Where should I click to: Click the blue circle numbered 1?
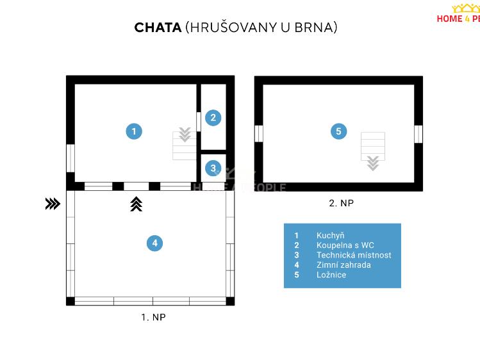(133, 131)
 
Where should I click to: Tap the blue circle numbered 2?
(213, 117)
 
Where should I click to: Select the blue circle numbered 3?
(213, 168)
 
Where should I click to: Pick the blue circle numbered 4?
(154, 243)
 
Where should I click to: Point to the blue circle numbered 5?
(338, 131)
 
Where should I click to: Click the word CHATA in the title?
(158, 28)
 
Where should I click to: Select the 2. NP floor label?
(341, 203)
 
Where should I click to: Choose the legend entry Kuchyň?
(330, 236)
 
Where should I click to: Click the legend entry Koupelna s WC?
(345, 245)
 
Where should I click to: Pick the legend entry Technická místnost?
(353, 255)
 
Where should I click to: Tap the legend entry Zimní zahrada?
(343, 265)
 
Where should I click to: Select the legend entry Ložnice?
(331, 275)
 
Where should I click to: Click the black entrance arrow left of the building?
(53, 204)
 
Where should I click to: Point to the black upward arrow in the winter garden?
(136, 204)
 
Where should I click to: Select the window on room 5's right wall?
(418, 133)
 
